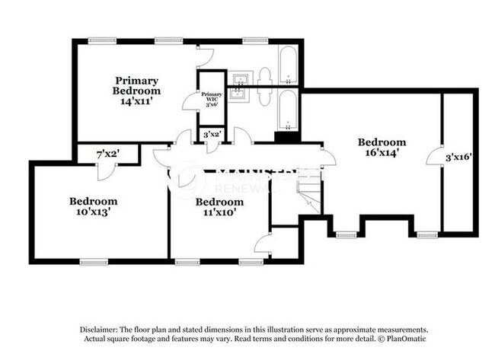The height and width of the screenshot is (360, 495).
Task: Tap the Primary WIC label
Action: click(211, 98)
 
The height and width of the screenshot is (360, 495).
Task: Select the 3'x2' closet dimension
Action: click(211, 135)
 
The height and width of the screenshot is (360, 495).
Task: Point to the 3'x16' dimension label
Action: click(459, 158)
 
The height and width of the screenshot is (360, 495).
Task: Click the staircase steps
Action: click(308, 190)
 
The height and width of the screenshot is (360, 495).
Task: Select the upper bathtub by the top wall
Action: click(289, 66)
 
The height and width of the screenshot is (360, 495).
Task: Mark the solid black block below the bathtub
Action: click(286, 137)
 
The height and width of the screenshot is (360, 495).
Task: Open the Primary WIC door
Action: click(190, 102)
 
